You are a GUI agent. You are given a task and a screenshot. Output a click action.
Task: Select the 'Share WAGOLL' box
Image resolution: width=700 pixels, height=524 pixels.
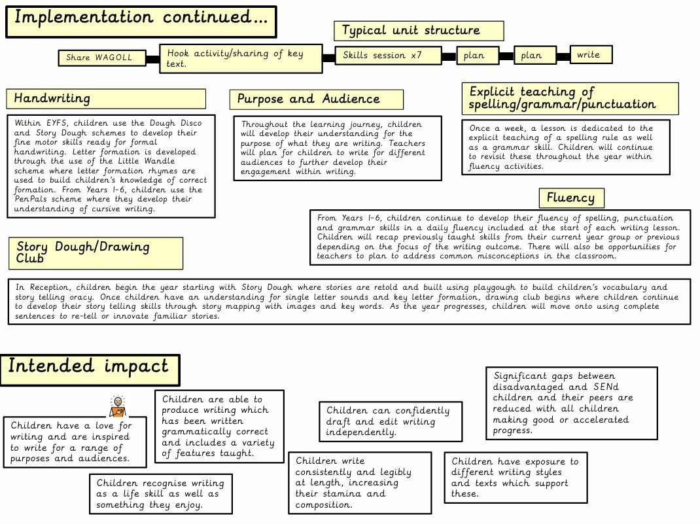(101, 58)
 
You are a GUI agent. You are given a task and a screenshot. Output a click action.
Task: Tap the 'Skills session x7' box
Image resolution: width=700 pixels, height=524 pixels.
(387, 55)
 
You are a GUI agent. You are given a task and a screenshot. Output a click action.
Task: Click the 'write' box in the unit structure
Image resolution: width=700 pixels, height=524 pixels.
(590, 54)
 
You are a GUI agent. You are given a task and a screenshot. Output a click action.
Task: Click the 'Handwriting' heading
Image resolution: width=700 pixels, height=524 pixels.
(105, 99)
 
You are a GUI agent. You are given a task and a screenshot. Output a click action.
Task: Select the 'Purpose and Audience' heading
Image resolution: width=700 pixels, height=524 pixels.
(316, 99)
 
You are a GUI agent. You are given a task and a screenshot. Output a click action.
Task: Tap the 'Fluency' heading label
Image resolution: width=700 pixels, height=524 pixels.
(571, 198)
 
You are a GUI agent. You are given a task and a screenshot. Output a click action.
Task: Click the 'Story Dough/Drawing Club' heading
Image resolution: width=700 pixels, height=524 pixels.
(96, 253)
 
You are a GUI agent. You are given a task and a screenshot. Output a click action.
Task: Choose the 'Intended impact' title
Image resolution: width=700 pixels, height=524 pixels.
(90, 366)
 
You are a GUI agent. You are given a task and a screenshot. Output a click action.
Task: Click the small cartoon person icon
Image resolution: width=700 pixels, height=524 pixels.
(117, 406)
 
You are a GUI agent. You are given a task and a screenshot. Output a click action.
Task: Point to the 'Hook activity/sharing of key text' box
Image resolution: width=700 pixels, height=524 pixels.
(241, 58)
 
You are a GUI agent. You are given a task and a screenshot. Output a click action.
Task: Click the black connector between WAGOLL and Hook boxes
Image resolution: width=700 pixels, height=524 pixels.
(152, 59)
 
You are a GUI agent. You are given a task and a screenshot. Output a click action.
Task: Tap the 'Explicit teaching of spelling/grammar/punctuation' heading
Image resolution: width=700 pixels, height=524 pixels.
(569, 98)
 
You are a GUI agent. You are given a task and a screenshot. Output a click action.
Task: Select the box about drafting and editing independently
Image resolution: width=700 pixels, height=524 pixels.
(390, 421)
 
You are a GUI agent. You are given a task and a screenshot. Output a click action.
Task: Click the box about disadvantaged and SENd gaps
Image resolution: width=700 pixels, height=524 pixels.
(571, 403)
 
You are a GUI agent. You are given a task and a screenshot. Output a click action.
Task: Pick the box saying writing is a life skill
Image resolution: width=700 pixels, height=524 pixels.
(160, 493)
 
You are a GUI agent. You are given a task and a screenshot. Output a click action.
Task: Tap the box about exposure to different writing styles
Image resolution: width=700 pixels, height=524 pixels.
(515, 478)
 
